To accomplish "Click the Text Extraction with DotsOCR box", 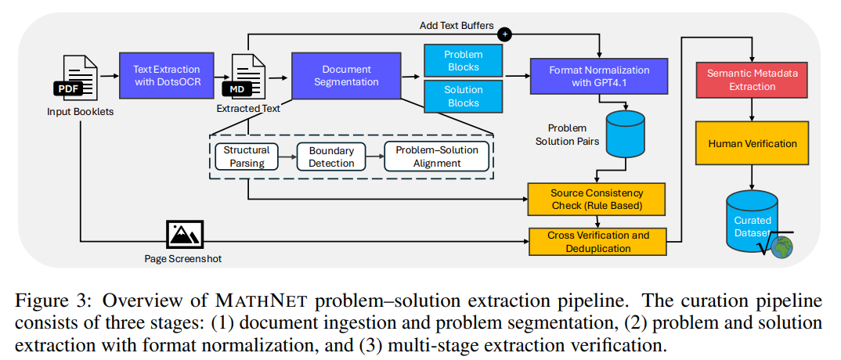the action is point(166,75).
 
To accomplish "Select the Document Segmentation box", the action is point(346,75).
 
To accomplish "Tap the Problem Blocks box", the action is point(464,59).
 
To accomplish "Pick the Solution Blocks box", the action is point(464,96).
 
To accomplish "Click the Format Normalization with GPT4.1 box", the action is point(598,77).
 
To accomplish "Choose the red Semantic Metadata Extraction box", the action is point(752,79).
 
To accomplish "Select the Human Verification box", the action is point(752,143).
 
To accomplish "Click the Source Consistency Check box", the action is point(597,200).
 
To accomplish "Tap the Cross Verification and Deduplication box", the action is point(597,242).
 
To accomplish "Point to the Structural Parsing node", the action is point(246,156).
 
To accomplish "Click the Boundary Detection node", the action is point(331,156).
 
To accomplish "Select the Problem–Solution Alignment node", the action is point(437,156).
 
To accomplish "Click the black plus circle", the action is point(505,34).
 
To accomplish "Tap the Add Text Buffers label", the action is point(457,25).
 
